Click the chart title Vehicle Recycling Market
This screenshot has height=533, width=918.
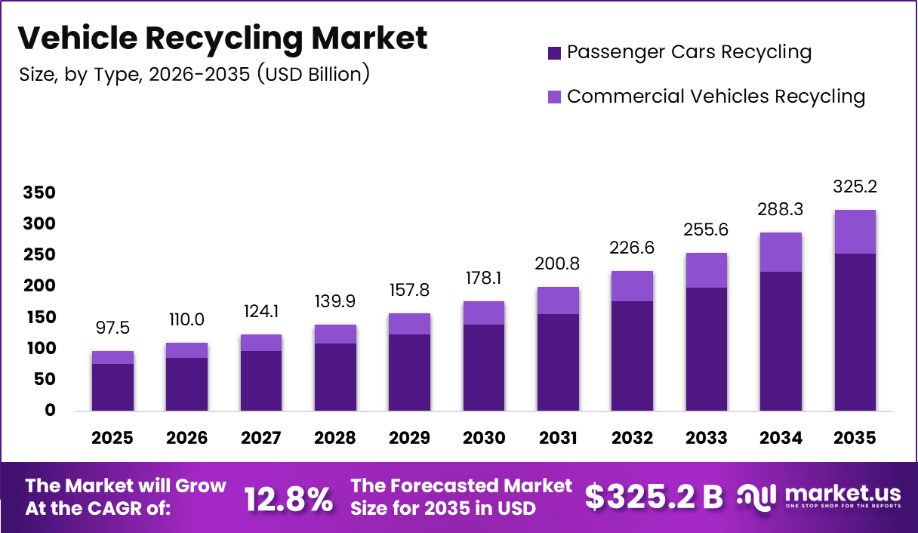pos(222,38)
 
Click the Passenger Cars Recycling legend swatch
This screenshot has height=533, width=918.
pos(555,53)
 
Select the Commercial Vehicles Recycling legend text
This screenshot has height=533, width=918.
pos(715,97)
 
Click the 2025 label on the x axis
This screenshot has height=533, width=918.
pos(112,439)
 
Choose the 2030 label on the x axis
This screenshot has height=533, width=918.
pos(483,439)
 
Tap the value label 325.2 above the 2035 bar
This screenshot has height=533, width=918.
pos(855,186)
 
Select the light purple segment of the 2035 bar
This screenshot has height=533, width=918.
pos(855,232)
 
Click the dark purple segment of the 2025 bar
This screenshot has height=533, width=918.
pos(112,387)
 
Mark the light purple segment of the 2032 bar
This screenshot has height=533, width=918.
pos(632,286)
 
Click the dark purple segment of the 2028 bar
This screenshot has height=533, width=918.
pos(335,377)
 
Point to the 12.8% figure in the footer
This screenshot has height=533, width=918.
pos(288,498)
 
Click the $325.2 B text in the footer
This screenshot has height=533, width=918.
pos(653,498)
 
